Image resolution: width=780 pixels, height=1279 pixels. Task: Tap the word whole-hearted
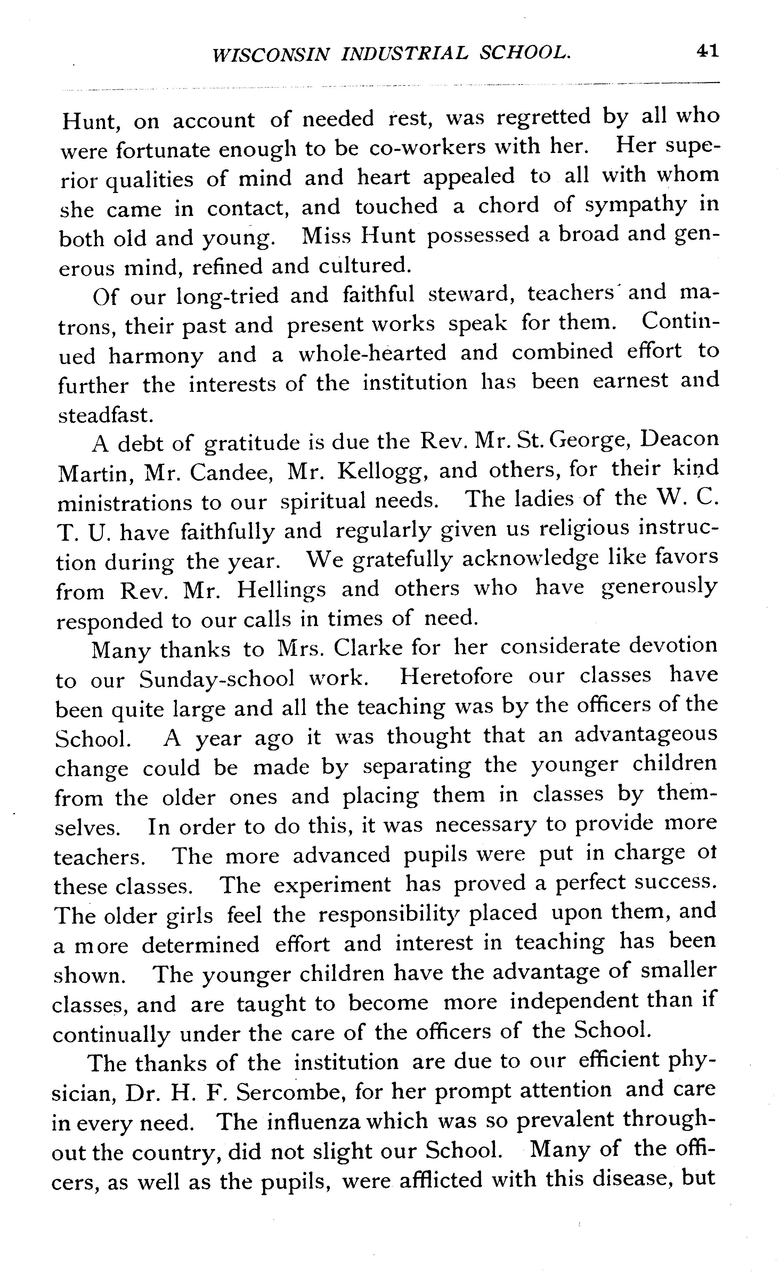(x=372, y=354)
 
